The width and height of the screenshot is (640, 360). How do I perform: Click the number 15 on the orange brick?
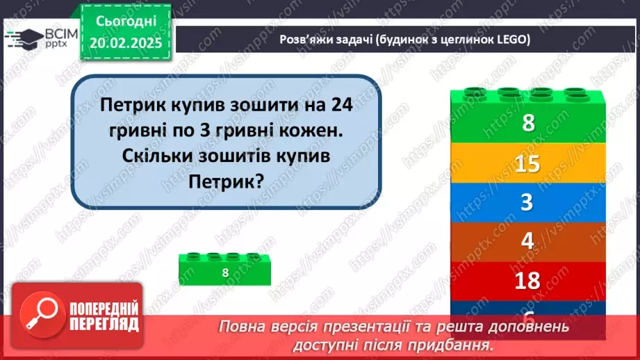pyautogui.click(x=528, y=164)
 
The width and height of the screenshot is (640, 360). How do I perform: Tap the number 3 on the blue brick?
pyautogui.click(x=528, y=203)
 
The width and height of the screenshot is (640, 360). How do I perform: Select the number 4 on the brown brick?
pyautogui.click(x=528, y=242)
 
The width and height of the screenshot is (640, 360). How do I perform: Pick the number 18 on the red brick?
pyautogui.click(x=528, y=281)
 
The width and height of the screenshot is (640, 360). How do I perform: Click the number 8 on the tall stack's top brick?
pyautogui.click(x=528, y=124)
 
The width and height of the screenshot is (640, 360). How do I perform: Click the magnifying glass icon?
pyautogui.click(x=40, y=315)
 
